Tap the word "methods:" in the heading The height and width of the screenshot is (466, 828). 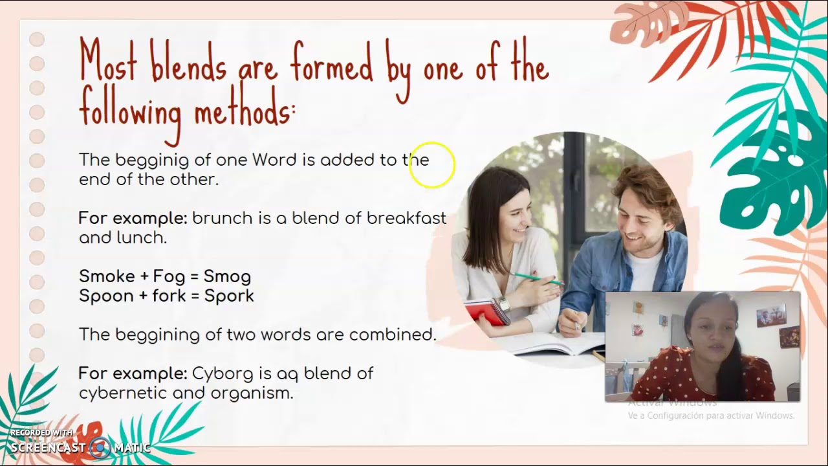(245, 111)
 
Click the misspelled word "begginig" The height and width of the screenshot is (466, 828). (152, 160)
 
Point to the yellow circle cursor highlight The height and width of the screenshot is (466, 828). (432, 166)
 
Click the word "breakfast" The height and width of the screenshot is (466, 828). (406, 218)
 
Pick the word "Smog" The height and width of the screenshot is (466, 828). (227, 276)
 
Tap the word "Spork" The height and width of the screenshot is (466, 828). (229, 296)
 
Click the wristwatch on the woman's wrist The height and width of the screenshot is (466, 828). (503, 304)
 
